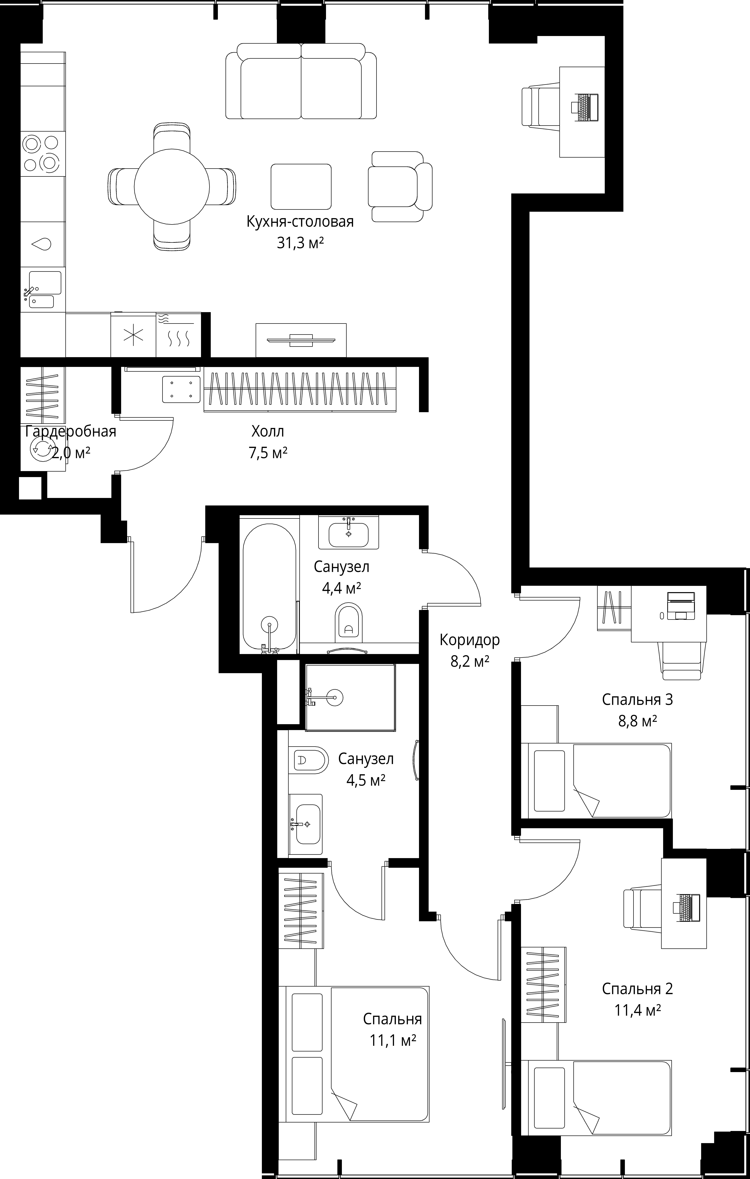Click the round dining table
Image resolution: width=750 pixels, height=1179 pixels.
pyautogui.click(x=172, y=186)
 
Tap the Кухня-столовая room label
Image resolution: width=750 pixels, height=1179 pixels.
pyautogui.click(x=300, y=222)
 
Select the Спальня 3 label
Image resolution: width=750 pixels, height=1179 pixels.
pyautogui.click(x=637, y=700)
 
